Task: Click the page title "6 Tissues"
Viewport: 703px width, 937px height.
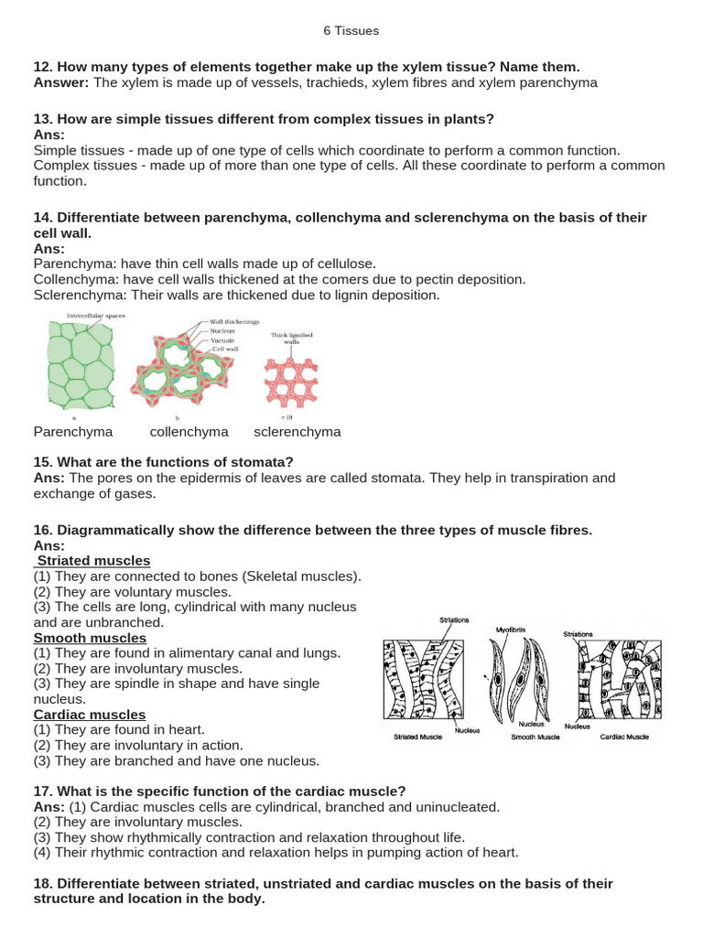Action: point(351,30)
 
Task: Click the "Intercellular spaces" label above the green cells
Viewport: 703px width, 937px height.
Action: point(95,316)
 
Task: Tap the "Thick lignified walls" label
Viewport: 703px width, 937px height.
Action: point(291,339)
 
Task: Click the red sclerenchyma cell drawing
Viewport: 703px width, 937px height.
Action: point(290,380)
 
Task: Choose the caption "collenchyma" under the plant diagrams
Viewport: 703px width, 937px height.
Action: point(189,432)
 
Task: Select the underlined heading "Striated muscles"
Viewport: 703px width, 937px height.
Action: point(93,560)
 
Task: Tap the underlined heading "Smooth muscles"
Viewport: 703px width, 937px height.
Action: point(90,638)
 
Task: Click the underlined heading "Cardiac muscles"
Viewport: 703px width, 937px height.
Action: point(90,714)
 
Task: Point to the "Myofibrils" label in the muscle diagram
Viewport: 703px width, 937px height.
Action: point(511,630)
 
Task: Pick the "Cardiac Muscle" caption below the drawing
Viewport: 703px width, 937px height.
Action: point(624,737)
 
